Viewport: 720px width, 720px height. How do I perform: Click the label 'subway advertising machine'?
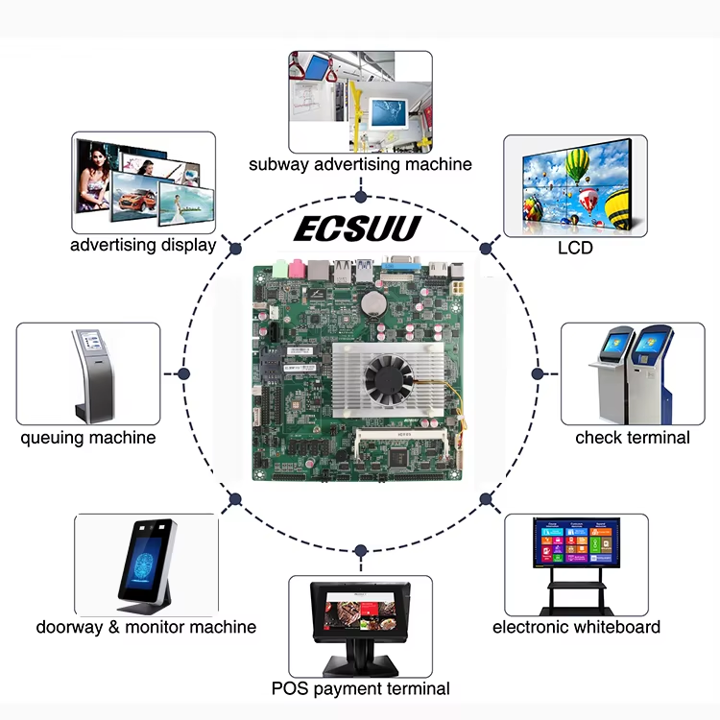360,164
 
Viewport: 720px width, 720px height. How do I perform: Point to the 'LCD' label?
575,248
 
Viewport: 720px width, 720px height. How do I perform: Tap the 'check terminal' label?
632,438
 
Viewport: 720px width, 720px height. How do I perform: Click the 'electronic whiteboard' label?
576,627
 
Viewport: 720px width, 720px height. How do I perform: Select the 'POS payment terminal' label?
360,688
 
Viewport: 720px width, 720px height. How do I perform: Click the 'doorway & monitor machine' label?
146,627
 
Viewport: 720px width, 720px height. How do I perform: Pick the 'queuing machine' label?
88,438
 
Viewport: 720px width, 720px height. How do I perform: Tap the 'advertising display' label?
143,245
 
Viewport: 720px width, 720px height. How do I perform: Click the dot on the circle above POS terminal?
360,551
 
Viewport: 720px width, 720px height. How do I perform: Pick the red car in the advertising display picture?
134,203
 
